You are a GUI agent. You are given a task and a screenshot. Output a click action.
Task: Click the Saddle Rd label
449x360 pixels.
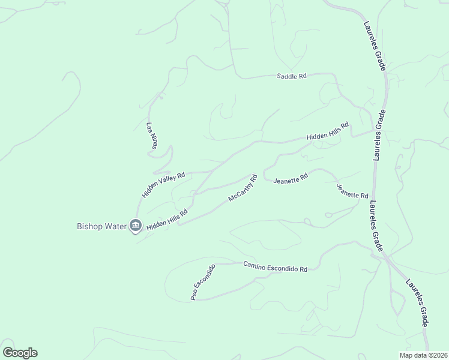(x=292, y=76)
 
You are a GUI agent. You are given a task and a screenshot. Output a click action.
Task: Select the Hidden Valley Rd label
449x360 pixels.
(x=163, y=184)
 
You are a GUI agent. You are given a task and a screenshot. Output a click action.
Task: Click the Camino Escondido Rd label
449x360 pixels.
(x=275, y=266)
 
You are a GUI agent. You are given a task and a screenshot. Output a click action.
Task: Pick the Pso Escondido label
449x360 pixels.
(x=203, y=282)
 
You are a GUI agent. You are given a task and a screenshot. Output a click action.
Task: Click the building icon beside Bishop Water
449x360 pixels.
(x=136, y=226)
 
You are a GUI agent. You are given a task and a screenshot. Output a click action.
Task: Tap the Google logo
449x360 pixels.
(x=20, y=353)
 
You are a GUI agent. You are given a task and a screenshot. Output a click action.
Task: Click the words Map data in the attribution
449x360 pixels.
(x=412, y=355)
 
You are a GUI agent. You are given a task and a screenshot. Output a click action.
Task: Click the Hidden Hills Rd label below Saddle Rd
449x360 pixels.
(x=328, y=133)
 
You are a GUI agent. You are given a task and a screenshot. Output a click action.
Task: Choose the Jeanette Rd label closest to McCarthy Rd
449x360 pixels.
(x=291, y=178)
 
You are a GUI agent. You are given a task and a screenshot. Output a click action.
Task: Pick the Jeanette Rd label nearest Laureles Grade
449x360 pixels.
(x=352, y=191)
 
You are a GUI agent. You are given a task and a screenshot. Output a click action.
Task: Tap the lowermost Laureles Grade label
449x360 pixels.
(x=417, y=302)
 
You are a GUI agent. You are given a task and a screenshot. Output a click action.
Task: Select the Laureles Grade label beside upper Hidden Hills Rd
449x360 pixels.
(x=379, y=135)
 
